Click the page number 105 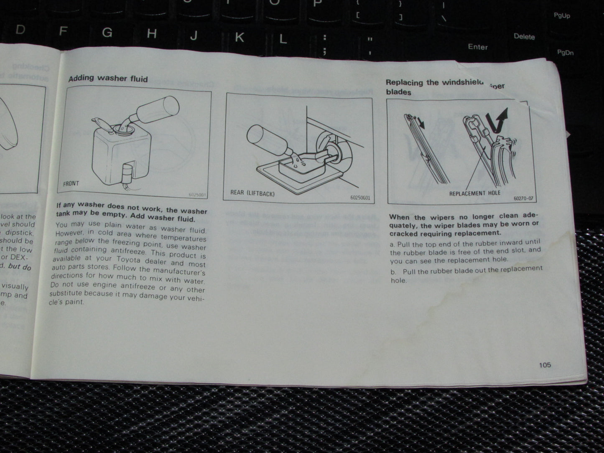tap(545, 365)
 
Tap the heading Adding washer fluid tap(108, 78)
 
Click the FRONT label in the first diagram tap(71, 183)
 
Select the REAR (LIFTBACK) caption tap(252, 193)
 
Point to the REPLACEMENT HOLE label tap(474, 193)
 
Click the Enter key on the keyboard tap(478, 47)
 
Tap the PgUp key tap(561, 15)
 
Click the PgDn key tap(565, 53)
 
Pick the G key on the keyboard tap(107, 32)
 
